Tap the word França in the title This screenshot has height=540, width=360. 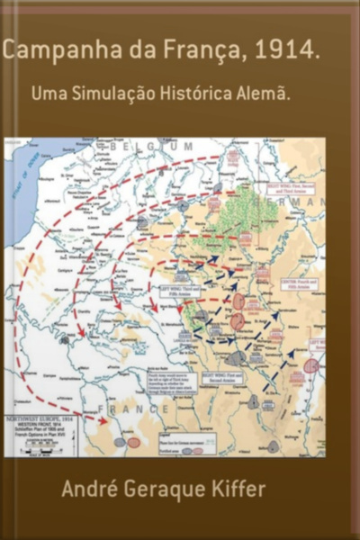pyautogui.click(x=204, y=53)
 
